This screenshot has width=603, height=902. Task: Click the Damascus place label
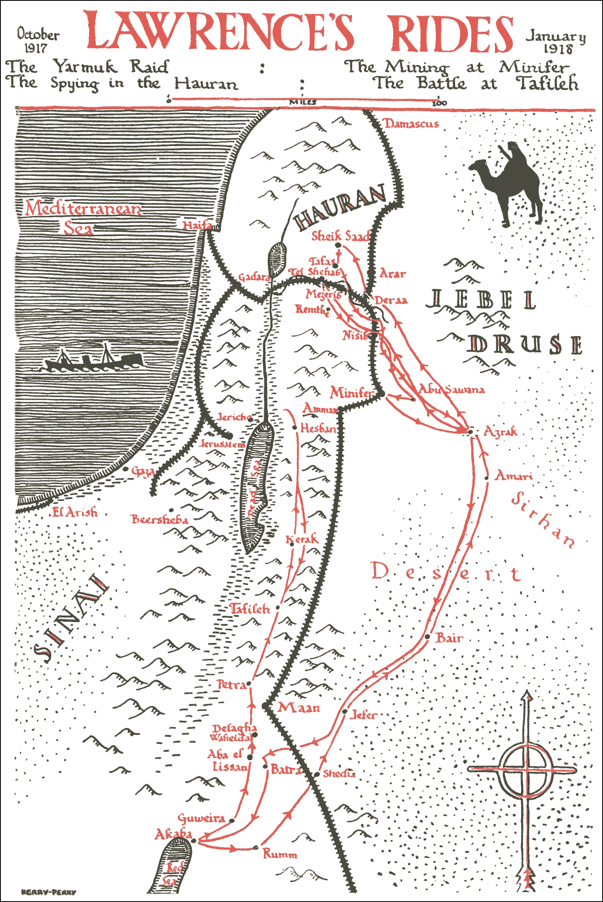pyautogui.click(x=411, y=124)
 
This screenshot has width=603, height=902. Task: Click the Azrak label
pyautogui.click(x=500, y=431)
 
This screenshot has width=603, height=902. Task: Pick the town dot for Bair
pyautogui.click(x=427, y=637)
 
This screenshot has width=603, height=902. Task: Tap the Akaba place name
pyautogui.click(x=173, y=834)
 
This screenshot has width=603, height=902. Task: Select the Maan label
pyautogui.click(x=299, y=707)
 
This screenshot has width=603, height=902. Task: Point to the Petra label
pyautogui.click(x=232, y=685)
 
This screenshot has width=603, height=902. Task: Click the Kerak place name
pyautogui.click(x=302, y=539)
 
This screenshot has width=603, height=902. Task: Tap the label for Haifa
pyautogui.click(x=197, y=225)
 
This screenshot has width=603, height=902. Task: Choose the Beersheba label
pyautogui.click(x=160, y=519)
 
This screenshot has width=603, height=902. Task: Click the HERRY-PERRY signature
pyautogui.click(x=48, y=892)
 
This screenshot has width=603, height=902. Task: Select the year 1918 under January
pyautogui.click(x=558, y=49)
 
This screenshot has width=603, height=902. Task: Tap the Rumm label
pyautogui.click(x=280, y=854)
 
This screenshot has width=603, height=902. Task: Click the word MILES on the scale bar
pyautogui.click(x=303, y=102)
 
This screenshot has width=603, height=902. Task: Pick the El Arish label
pyautogui.click(x=75, y=512)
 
